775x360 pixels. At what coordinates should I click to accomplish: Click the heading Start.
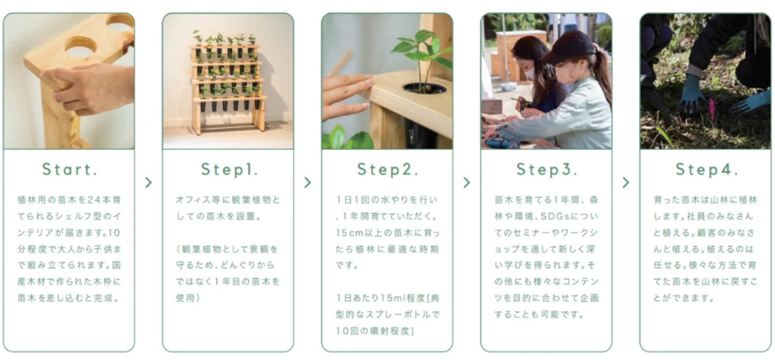[x=70, y=170]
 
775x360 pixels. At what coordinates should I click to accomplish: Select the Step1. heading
[x=229, y=170]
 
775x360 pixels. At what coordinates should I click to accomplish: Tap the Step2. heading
[x=387, y=170]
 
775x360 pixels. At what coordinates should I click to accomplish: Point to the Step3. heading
[x=546, y=170]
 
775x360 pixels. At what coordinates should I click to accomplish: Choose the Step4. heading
[x=707, y=170]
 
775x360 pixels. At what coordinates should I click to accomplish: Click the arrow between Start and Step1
[x=148, y=182]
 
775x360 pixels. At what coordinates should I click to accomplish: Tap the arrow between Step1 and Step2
[x=308, y=182]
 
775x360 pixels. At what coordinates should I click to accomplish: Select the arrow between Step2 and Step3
[x=467, y=182]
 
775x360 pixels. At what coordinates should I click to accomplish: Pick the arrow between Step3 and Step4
[x=626, y=182]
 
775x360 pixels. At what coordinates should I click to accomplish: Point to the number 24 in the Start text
[x=94, y=200]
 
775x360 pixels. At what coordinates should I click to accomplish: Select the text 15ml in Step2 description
[x=393, y=298]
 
